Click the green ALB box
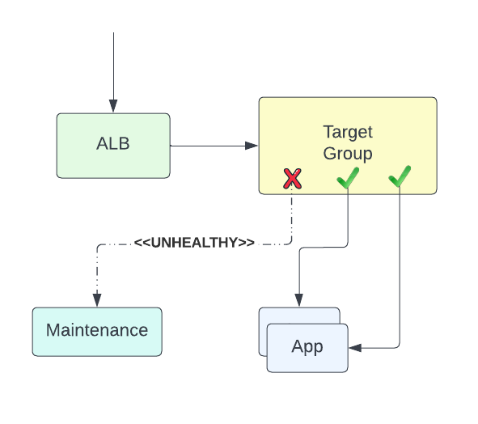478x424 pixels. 113,146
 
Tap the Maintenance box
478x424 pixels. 97,331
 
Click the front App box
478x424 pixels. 307,348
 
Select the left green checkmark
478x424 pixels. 348,178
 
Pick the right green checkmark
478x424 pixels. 400,176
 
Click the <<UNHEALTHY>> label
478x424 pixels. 194,243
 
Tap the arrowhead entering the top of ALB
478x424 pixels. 113,106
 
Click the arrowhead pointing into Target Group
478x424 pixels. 252,146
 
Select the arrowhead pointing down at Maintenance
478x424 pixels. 97,300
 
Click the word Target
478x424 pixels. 348,132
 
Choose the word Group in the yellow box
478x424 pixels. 348,153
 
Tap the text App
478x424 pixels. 307,347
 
